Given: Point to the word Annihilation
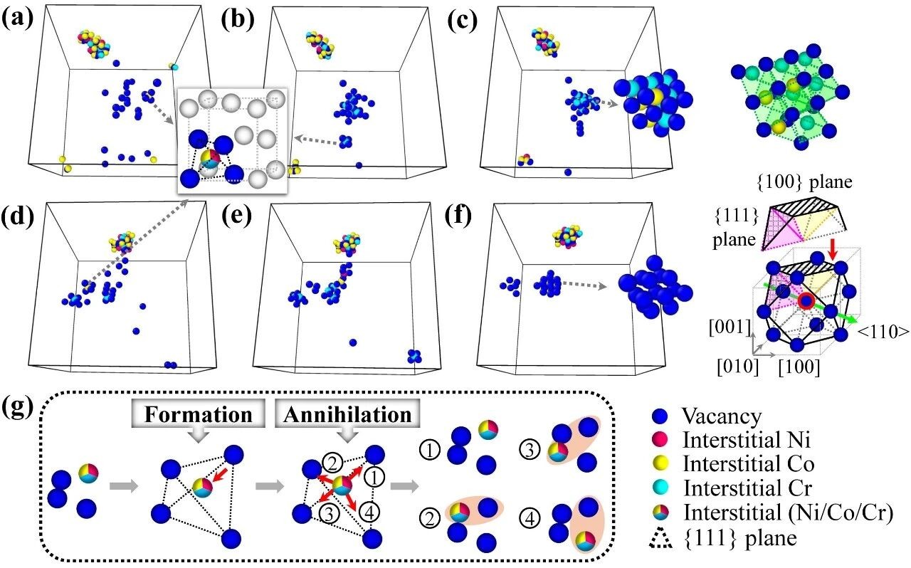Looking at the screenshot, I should pyautogui.click(x=344, y=414).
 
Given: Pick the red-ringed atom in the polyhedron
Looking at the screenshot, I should pyautogui.click(x=805, y=301).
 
